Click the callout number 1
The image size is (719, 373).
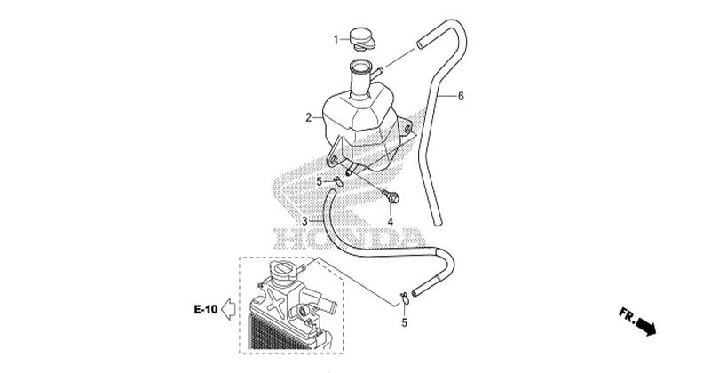(x=336, y=39)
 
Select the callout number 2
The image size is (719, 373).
(x=309, y=118)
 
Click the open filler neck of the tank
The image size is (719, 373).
(x=360, y=67)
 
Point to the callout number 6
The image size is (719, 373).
(x=461, y=96)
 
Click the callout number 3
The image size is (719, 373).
(x=304, y=221)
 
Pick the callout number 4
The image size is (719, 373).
(x=391, y=222)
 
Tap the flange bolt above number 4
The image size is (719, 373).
(x=391, y=197)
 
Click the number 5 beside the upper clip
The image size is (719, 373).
(x=320, y=182)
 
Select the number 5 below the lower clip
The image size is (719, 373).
(x=404, y=323)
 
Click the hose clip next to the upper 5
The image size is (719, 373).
(x=338, y=181)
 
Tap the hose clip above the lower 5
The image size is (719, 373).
(x=405, y=298)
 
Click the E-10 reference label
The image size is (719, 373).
(x=206, y=309)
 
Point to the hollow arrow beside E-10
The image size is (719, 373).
(x=228, y=309)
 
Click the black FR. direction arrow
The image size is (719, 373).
(x=646, y=327)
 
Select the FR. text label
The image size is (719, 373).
(x=628, y=314)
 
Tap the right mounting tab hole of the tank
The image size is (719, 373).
(x=407, y=130)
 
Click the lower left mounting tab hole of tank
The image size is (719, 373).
(x=333, y=160)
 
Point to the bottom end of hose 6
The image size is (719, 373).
(x=438, y=223)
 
